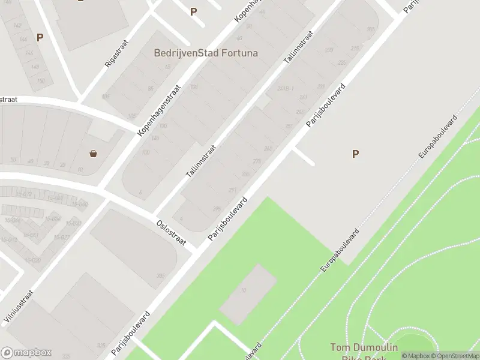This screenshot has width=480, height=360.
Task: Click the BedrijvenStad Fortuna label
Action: coord(206,53)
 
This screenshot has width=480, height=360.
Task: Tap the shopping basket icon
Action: coord(94,153)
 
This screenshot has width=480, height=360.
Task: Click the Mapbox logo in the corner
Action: coord(26,353)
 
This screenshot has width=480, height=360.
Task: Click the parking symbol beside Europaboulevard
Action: coord(355,154)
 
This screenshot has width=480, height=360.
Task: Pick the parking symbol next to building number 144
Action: coord(40,37)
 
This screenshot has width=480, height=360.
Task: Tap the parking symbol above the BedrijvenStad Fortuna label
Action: coord(193,11)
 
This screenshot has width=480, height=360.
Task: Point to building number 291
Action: coord(232,190)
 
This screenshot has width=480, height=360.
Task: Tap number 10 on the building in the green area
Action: coord(244,290)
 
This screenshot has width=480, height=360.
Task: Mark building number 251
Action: coord(289,127)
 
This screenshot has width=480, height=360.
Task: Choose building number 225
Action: coord(342,62)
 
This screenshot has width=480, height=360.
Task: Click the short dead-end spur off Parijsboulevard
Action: coord(304,157)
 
